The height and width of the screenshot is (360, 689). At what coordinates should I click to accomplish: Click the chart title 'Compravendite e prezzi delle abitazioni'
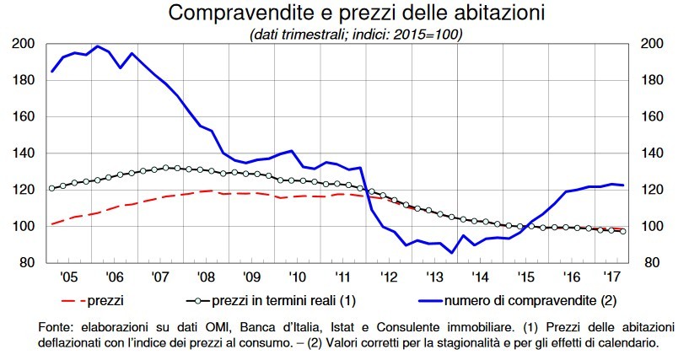(344, 13)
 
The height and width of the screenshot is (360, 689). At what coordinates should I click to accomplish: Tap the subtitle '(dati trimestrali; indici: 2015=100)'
(344, 35)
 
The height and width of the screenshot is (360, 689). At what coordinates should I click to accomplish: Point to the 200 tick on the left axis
(24, 44)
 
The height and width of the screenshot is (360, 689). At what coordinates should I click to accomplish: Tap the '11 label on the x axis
(343, 277)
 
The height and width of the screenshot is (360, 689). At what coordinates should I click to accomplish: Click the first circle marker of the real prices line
(51, 188)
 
